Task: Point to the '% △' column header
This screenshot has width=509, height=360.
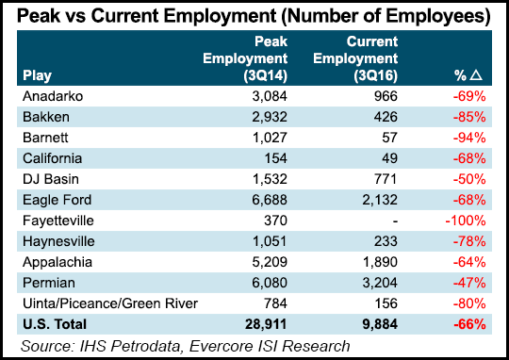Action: (468, 75)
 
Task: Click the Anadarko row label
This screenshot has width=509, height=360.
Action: (49, 97)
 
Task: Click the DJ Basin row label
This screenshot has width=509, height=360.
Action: (47, 179)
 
